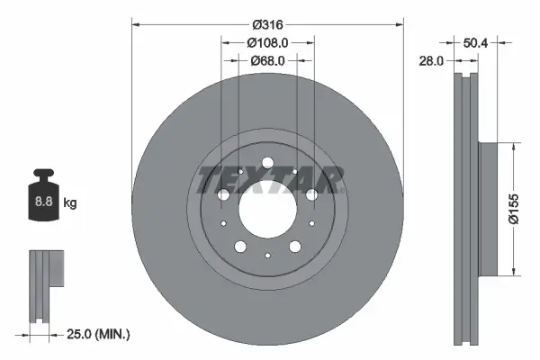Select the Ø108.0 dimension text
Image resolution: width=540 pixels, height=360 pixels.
pyautogui.click(x=268, y=41)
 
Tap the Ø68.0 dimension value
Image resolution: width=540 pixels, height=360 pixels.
pyautogui.click(x=268, y=60)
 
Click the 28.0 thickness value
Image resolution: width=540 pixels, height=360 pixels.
pyautogui.click(x=432, y=60)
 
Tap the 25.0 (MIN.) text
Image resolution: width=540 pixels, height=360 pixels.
pyautogui.click(x=99, y=334)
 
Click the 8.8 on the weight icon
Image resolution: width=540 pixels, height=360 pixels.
pyautogui.click(x=43, y=203)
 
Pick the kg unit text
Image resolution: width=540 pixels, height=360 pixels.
pyautogui.click(x=69, y=203)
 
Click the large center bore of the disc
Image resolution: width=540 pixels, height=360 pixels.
pyautogui.click(x=268, y=209)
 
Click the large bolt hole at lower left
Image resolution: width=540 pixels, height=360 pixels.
pyautogui.click(x=240, y=247)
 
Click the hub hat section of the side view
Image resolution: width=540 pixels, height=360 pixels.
pyautogui.click(x=486, y=209)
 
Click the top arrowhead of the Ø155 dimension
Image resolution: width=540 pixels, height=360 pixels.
pyautogui.click(x=513, y=145)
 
